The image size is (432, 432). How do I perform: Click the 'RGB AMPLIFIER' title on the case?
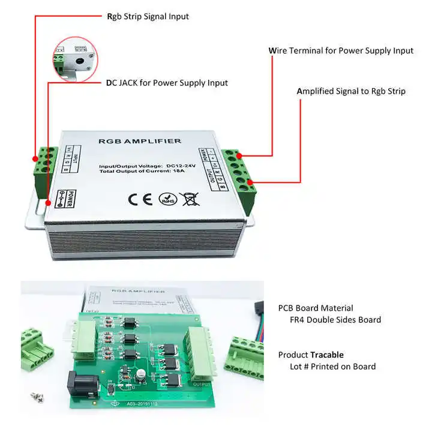coord(139,141)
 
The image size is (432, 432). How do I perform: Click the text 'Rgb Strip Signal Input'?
coord(148,16)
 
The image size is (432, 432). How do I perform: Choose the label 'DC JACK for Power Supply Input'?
coord(167,83)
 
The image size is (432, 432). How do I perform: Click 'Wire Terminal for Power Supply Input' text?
coord(341,50)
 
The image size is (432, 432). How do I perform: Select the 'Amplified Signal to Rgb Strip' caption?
coord(351,91)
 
